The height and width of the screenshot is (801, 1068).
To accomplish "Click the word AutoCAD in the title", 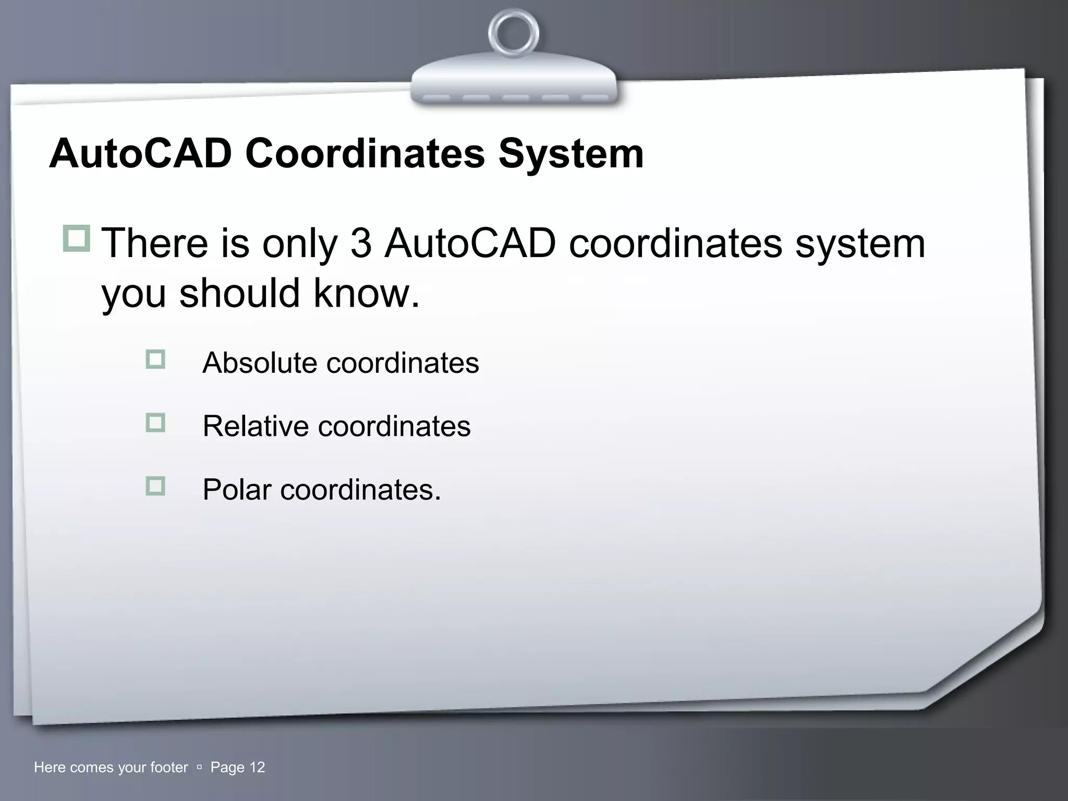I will pyautogui.click(x=140, y=154).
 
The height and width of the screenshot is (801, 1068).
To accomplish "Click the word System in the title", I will pyautogui.click(x=571, y=155).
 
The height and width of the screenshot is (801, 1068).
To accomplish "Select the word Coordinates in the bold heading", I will pyautogui.click(x=365, y=154).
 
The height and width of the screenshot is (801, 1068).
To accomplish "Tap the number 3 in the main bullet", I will pyautogui.click(x=361, y=244).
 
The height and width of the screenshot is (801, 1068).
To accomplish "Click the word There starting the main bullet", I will pyautogui.click(x=154, y=244).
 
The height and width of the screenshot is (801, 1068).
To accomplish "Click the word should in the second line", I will pyautogui.click(x=239, y=293).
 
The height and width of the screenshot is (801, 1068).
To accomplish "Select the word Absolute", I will pyautogui.click(x=259, y=362).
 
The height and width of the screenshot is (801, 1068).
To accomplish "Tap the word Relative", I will pyautogui.click(x=256, y=426).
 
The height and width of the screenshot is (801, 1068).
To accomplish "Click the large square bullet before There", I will pyautogui.click(x=77, y=238).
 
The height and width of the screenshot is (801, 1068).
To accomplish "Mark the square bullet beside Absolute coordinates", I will pyautogui.click(x=155, y=359).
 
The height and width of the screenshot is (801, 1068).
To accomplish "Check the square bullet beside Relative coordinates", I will pyautogui.click(x=155, y=422).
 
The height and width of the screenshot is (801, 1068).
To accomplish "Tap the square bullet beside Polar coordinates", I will pyautogui.click(x=155, y=486).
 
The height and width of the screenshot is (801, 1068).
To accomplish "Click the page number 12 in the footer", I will pyautogui.click(x=257, y=767).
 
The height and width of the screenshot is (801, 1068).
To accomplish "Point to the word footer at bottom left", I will pyautogui.click(x=168, y=767).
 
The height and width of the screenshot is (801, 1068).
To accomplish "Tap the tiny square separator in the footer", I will pyautogui.click(x=199, y=768).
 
